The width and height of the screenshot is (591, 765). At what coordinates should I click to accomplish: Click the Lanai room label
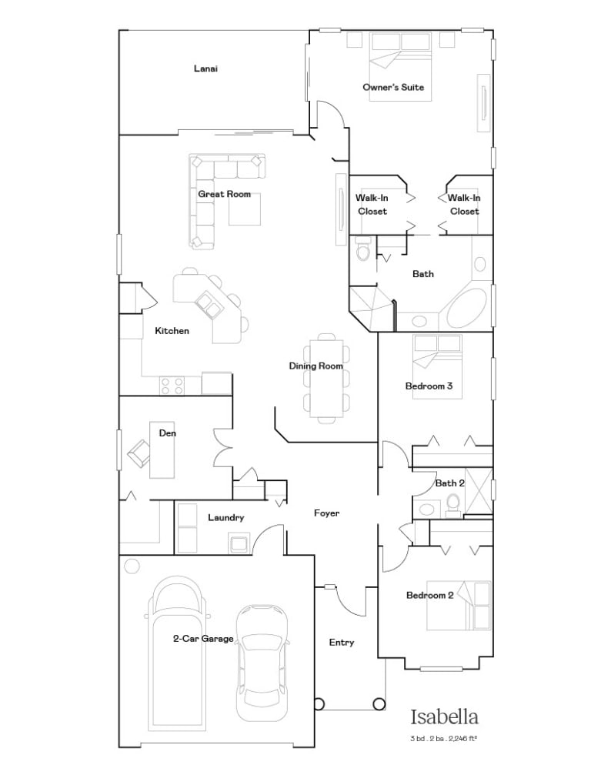tap(205, 68)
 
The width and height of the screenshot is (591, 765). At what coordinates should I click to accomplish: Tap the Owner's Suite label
tap(393, 87)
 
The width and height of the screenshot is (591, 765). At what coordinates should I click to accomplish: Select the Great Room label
tap(225, 194)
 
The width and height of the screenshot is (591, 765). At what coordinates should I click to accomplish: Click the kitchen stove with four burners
tap(172, 386)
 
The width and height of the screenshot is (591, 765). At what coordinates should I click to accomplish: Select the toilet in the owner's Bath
tap(363, 249)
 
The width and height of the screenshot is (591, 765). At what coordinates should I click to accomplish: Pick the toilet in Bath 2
tap(453, 504)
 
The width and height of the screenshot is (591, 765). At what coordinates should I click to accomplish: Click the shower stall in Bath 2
tap(479, 491)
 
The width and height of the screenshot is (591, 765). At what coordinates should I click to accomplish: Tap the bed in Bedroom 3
tap(437, 366)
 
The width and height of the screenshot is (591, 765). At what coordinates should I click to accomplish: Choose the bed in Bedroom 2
tap(459, 605)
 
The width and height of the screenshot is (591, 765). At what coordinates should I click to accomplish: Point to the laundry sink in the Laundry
tap(239, 544)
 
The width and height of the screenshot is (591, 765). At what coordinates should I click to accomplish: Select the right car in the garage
tap(261, 663)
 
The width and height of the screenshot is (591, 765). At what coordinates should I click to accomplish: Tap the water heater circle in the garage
tap(132, 566)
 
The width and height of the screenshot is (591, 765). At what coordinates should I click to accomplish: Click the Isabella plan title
tap(444, 717)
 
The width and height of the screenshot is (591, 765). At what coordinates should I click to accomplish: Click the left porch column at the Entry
tap(319, 704)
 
